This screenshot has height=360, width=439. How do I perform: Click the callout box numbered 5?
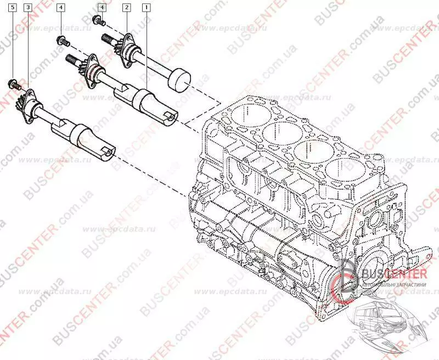13,8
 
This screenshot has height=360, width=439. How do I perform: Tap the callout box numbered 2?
127,8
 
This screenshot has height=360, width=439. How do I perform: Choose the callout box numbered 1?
146,8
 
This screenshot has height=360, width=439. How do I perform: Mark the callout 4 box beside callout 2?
102,8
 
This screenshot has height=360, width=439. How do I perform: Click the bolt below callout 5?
13,85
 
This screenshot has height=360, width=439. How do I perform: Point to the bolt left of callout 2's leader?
97,21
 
